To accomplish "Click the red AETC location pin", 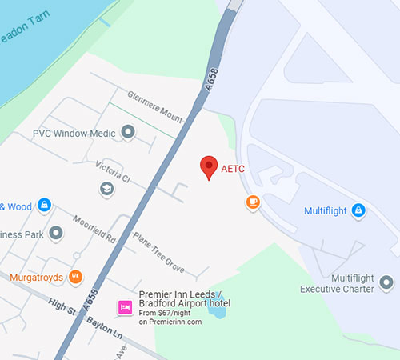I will coord(209,166).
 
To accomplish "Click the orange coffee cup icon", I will coord(253,202).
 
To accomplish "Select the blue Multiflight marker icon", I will coord(358,210).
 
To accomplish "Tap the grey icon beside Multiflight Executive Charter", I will coord(387,282).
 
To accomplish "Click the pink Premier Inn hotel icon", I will coord(125,306).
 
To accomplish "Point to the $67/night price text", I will coord(171,314).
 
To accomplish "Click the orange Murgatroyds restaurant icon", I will coord(76,278).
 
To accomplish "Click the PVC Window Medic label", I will coord(74,133).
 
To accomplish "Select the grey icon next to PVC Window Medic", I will coord(128,133).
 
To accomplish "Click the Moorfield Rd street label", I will coord(94,230).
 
